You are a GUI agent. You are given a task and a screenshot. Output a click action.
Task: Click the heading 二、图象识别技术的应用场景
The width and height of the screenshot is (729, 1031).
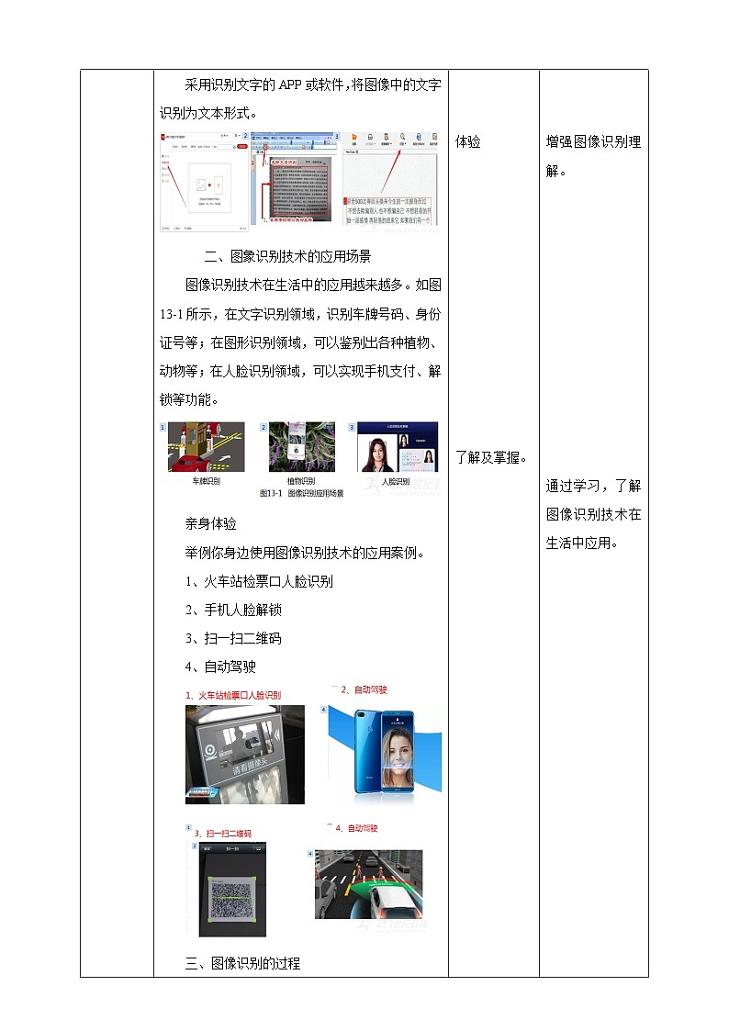(x=286, y=256)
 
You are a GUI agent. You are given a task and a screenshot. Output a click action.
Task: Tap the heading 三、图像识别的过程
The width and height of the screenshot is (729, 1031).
(x=242, y=963)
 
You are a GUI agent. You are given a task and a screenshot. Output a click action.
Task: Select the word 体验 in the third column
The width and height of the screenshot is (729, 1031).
(x=468, y=142)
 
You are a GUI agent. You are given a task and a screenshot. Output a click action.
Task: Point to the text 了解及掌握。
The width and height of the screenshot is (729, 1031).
(x=492, y=457)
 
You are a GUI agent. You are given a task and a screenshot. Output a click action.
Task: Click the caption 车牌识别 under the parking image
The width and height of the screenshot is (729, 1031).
(x=206, y=481)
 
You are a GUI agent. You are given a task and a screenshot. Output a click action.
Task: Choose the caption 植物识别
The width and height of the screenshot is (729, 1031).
(x=300, y=481)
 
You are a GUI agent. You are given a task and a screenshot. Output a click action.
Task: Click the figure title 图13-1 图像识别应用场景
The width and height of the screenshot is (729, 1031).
(x=301, y=494)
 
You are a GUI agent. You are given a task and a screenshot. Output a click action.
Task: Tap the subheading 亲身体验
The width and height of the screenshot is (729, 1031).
(x=210, y=524)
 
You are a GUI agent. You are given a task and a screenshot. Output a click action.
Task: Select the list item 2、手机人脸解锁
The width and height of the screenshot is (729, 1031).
(x=233, y=610)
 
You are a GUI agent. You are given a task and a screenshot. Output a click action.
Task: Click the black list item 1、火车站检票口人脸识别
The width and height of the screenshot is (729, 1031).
(x=259, y=581)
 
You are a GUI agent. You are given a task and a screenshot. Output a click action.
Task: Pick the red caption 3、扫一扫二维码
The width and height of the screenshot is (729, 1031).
(x=222, y=834)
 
